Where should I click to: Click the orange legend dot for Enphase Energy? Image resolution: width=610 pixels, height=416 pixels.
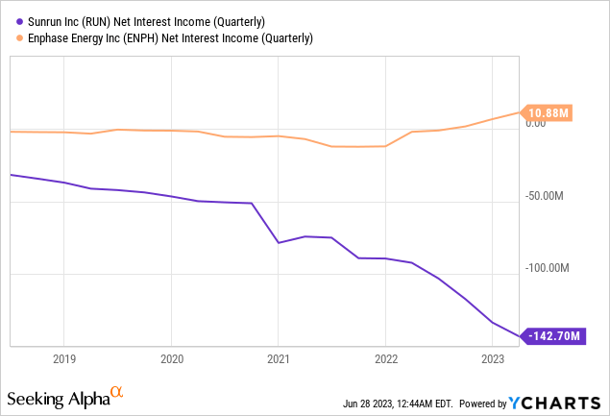point(9,37)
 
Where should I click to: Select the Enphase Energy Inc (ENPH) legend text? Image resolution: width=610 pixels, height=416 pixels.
point(164,37)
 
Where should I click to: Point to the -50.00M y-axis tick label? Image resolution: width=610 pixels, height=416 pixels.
point(546,196)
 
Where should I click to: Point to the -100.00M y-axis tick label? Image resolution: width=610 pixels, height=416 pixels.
point(549,267)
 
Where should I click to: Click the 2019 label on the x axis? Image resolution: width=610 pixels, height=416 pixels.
point(63,358)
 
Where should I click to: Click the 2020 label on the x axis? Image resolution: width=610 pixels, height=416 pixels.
point(171,358)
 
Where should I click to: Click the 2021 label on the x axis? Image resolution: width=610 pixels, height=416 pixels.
point(278,358)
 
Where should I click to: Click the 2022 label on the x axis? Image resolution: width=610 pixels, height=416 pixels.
point(385,358)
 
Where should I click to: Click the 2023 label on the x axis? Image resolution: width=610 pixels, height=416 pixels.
point(493,358)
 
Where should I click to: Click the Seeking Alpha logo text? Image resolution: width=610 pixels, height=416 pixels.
point(58,397)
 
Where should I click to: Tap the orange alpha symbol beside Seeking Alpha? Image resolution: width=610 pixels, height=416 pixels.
point(117,393)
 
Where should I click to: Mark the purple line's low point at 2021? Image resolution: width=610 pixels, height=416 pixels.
point(279,242)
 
